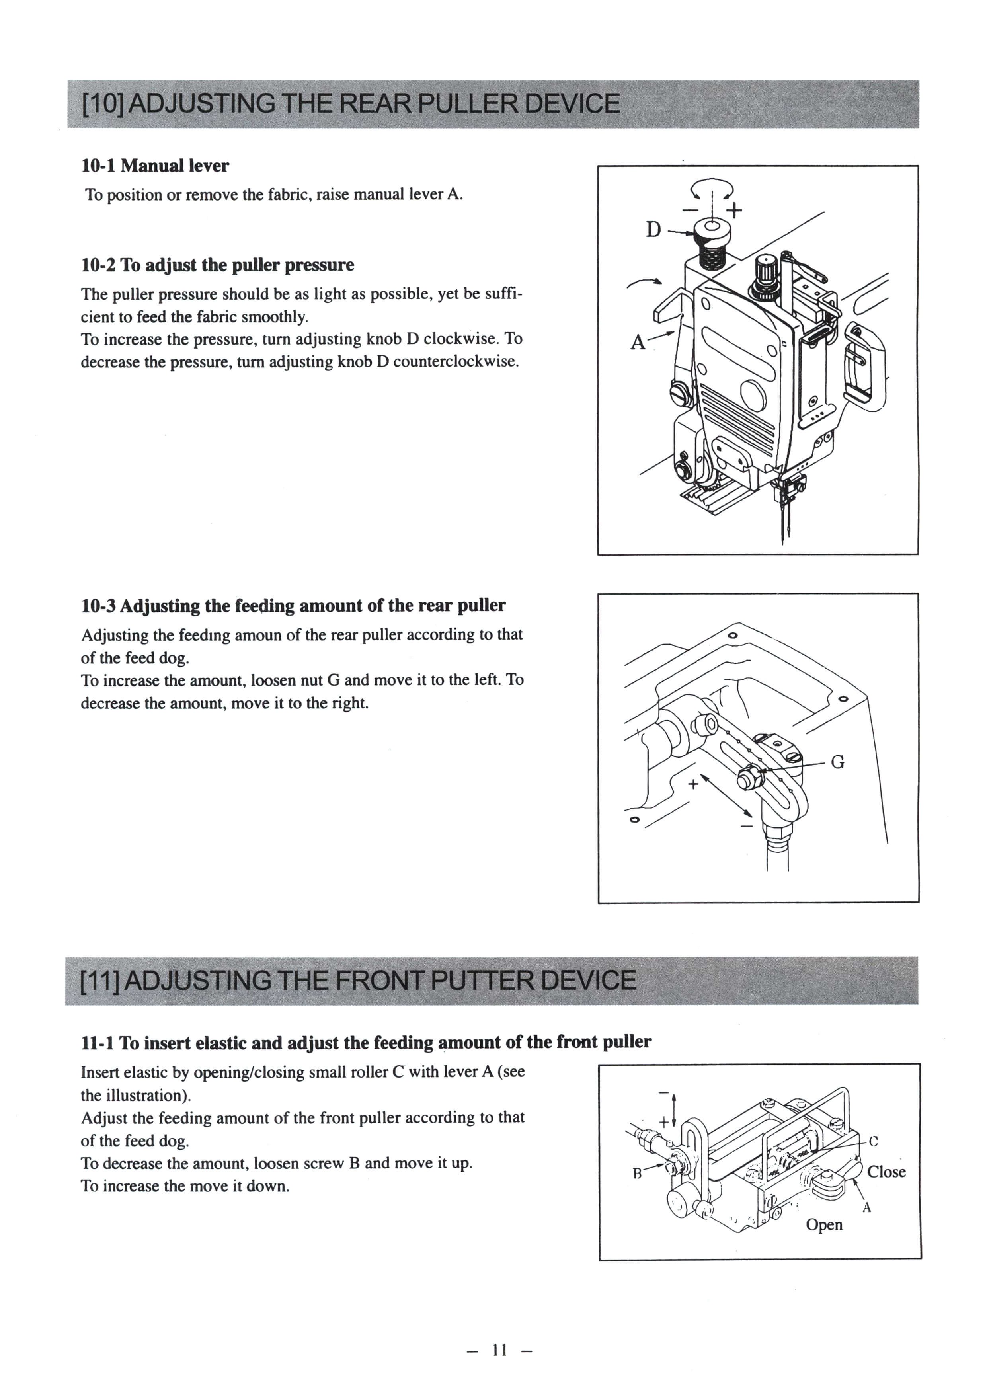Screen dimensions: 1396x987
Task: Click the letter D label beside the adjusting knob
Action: click(653, 230)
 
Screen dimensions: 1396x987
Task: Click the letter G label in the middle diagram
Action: click(837, 762)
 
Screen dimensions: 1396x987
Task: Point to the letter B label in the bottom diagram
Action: click(637, 1173)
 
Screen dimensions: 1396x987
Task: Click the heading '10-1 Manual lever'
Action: click(155, 166)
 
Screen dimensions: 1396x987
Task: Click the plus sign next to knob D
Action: click(735, 211)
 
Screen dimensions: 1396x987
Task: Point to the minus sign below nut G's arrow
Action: click(746, 826)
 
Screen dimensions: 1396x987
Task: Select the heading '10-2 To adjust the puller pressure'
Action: click(217, 265)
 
